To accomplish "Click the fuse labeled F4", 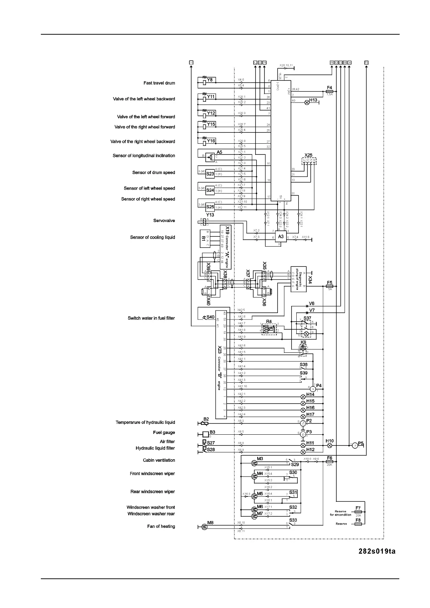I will click(329, 92).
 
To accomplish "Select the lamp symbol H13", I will click(307, 103).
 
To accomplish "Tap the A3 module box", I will click(281, 237).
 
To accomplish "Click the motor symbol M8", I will click(204, 527).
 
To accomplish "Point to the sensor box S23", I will click(210, 174).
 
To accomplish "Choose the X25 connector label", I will click(308, 155).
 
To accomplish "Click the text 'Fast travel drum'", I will click(159, 83).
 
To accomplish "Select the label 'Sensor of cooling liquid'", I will click(152, 237).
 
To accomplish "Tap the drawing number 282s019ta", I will click(377, 551).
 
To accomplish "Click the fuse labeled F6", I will click(329, 462).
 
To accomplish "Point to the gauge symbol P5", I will click(355, 446).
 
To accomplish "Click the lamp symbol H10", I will click(330, 446).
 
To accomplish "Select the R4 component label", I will click(269, 321).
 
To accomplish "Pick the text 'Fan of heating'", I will click(161, 526).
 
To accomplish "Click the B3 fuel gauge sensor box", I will click(205, 434).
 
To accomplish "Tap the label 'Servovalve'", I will click(164, 221).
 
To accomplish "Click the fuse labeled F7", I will click(358, 512).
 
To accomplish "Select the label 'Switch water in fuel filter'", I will click(151, 318).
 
